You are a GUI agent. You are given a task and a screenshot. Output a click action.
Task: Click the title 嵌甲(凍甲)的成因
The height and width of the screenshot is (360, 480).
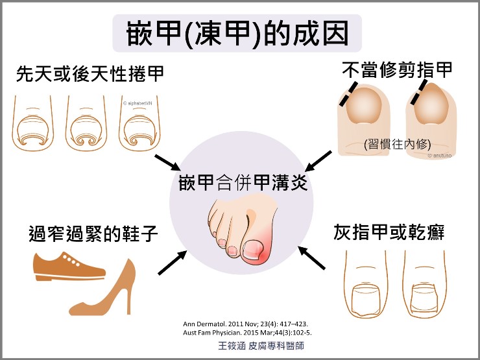click(x=237, y=34)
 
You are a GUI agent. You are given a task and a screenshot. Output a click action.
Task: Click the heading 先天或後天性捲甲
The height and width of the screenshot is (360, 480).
click(x=90, y=74)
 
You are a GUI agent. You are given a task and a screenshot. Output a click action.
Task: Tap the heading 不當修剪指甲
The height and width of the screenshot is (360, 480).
click(x=397, y=71)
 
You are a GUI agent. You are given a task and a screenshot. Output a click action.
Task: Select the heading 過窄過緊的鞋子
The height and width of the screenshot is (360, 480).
click(x=93, y=234)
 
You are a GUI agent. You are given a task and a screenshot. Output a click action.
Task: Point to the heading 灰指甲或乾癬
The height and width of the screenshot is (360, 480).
click(x=389, y=232)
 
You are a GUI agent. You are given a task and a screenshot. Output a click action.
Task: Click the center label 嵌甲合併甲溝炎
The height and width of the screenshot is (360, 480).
click(x=243, y=183)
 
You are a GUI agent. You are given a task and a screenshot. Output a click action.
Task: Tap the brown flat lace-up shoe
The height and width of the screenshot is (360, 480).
click(x=69, y=267)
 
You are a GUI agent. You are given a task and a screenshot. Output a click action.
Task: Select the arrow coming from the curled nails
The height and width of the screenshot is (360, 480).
click(x=167, y=163)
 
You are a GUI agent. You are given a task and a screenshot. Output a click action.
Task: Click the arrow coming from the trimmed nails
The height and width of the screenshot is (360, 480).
click(x=318, y=161)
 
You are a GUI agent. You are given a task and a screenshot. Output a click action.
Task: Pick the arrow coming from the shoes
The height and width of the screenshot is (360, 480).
click(x=173, y=263)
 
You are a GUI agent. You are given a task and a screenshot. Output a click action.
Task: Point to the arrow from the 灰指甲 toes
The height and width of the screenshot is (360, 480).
click(x=311, y=258)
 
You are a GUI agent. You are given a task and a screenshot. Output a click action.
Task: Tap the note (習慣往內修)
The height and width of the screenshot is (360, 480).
click(x=398, y=144)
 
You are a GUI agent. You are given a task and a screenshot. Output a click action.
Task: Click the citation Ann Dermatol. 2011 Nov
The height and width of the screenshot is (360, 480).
click(x=245, y=324)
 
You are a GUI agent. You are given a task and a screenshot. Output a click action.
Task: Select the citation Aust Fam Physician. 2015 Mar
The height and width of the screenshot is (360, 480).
click(x=247, y=333)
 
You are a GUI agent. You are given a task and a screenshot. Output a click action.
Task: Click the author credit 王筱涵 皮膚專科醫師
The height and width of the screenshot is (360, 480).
click(x=261, y=346)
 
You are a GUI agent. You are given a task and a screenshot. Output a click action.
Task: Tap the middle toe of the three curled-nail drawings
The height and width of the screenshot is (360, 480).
click(x=86, y=124)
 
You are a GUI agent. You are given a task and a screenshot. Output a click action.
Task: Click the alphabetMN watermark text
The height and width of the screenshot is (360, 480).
click(x=137, y=104)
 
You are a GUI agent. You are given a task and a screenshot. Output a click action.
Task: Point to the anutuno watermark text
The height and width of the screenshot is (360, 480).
click(x=440, y=156)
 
